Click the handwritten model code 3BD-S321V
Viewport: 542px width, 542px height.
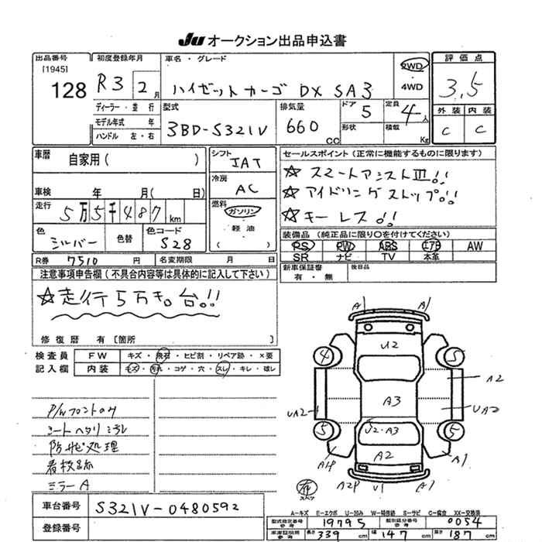(217, 130)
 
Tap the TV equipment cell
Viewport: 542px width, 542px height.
(389, 256)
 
